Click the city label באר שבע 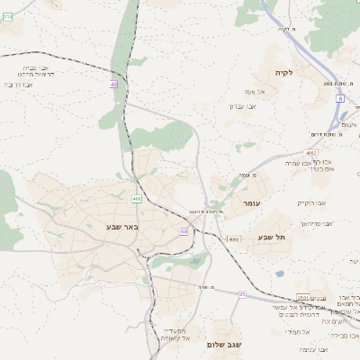[x=120, y=227]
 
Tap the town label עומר [x=250, y=204]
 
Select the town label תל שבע [x=270, y=237]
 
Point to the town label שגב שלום [x=224, y=344]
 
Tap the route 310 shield [x=7, y=16]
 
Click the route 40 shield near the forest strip [x=113, y=85]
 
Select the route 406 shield [x=137, y=198]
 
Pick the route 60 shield [x=184, y=231]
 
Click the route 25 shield [x=241, y=293]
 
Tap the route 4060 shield [x=233, y=239]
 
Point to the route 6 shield [x=340, y=97]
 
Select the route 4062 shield [x=311, y=154]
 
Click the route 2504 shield [x=301, y=298]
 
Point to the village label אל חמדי [x=298, y=331]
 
